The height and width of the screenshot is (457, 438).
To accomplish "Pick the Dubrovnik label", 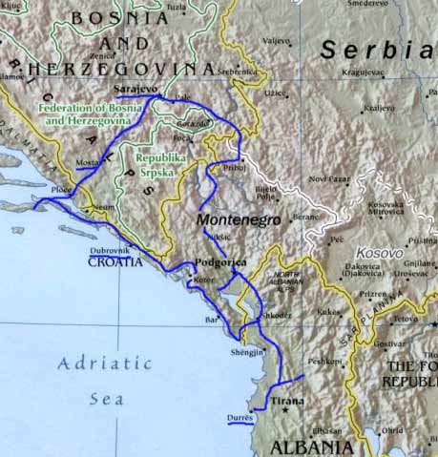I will pos(109,249).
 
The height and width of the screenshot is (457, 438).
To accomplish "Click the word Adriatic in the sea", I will pos(104,364).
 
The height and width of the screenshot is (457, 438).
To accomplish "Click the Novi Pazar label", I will pos(330,178).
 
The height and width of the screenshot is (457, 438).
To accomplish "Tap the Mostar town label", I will pos(87,163).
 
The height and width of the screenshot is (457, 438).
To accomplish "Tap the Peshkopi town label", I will pos(324,362).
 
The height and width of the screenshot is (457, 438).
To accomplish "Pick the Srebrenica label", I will pos(239,70).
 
